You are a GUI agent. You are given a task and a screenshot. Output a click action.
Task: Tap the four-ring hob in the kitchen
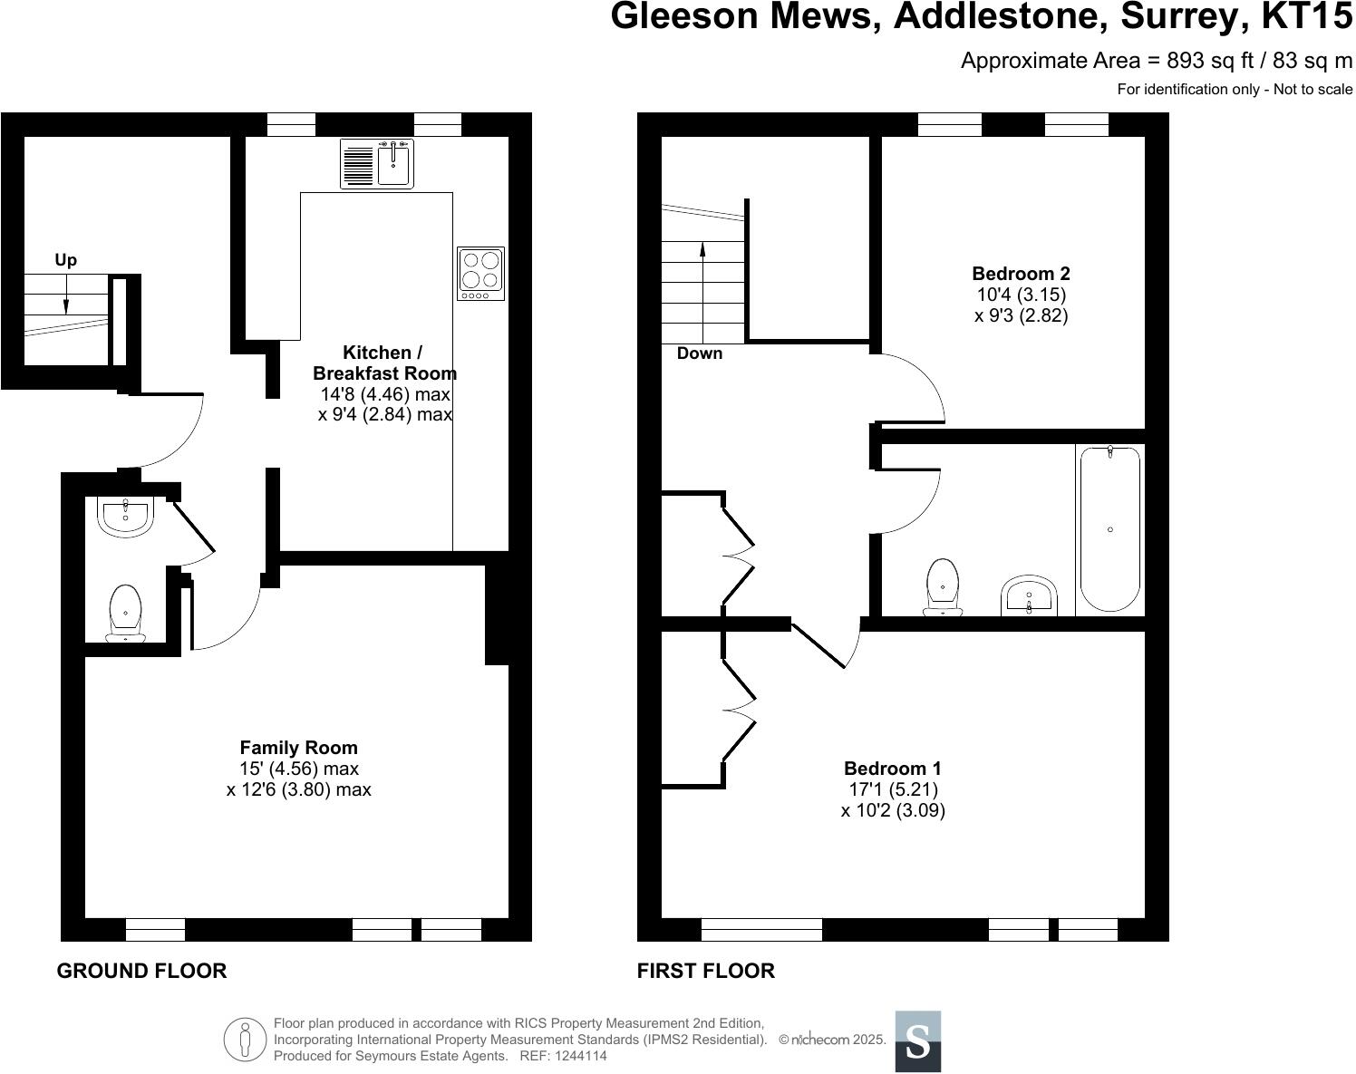480,274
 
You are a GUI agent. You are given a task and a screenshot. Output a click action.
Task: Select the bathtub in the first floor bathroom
1110,528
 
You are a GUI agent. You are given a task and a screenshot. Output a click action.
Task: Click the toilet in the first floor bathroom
943,587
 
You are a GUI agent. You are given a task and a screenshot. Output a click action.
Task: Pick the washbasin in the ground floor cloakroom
126,517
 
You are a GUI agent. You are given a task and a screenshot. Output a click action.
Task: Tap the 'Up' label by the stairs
65,260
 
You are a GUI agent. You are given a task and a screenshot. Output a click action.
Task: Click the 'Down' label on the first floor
700,353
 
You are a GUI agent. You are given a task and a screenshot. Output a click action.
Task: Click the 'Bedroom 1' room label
893,768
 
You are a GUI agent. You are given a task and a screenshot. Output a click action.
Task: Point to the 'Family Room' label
298,748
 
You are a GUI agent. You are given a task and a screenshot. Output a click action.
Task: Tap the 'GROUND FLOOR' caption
141,971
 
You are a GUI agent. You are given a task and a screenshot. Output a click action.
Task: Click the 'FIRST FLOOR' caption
705,971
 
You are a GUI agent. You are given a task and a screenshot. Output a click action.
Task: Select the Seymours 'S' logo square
917,1041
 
